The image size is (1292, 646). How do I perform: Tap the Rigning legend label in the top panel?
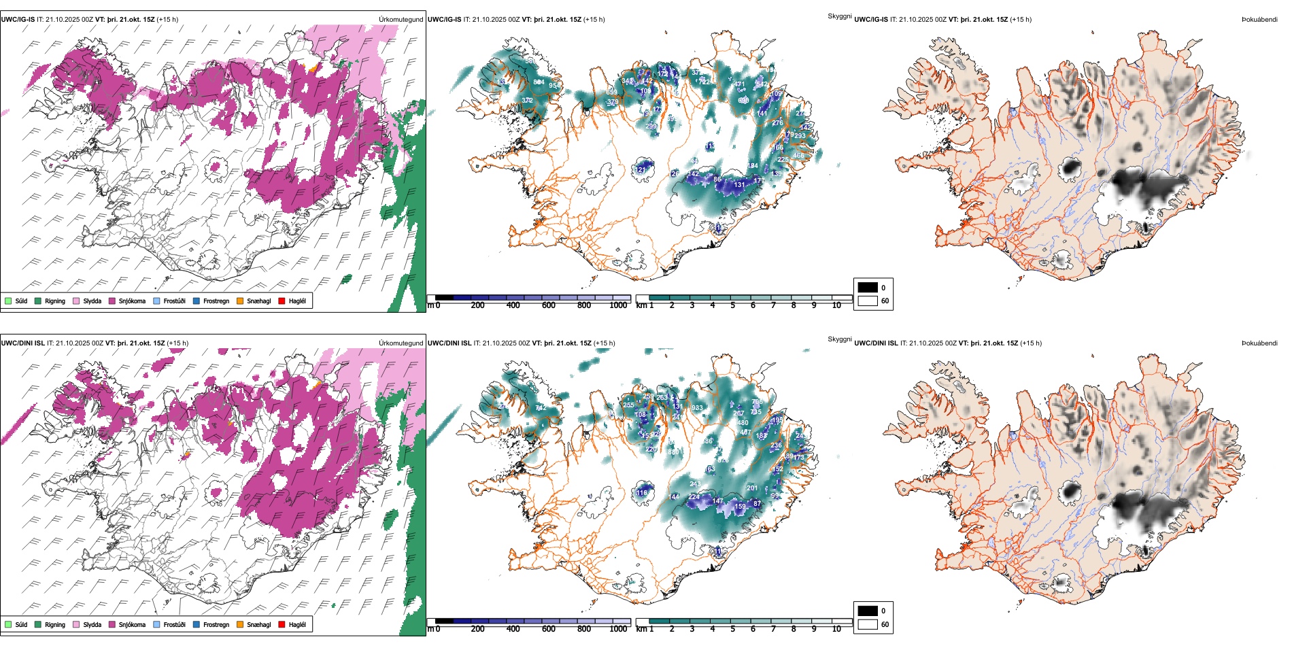(55, 301)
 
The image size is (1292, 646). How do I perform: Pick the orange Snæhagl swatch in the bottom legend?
(240, 624)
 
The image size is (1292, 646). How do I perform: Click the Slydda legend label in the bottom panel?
(92, 625)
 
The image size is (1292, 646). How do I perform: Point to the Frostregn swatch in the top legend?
(197, 301)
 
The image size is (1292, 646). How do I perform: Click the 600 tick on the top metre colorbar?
(549, 305)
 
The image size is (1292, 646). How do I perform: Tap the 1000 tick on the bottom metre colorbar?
(618, 629)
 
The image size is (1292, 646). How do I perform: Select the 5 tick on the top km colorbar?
(732, 305)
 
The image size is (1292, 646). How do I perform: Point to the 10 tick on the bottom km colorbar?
(836, 629)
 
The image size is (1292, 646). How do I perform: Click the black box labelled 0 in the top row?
(868, 288)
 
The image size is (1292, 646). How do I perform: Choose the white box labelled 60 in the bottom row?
(868, 624)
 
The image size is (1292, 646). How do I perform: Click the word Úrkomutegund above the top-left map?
(401, 20)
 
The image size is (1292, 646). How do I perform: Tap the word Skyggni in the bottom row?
(839, 339)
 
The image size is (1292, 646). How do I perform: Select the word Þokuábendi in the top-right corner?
(1259, 20)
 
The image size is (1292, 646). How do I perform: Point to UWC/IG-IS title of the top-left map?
(18, 20)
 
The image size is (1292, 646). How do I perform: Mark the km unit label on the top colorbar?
(641, 305)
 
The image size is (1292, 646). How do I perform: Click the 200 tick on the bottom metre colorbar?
(478, 629)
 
